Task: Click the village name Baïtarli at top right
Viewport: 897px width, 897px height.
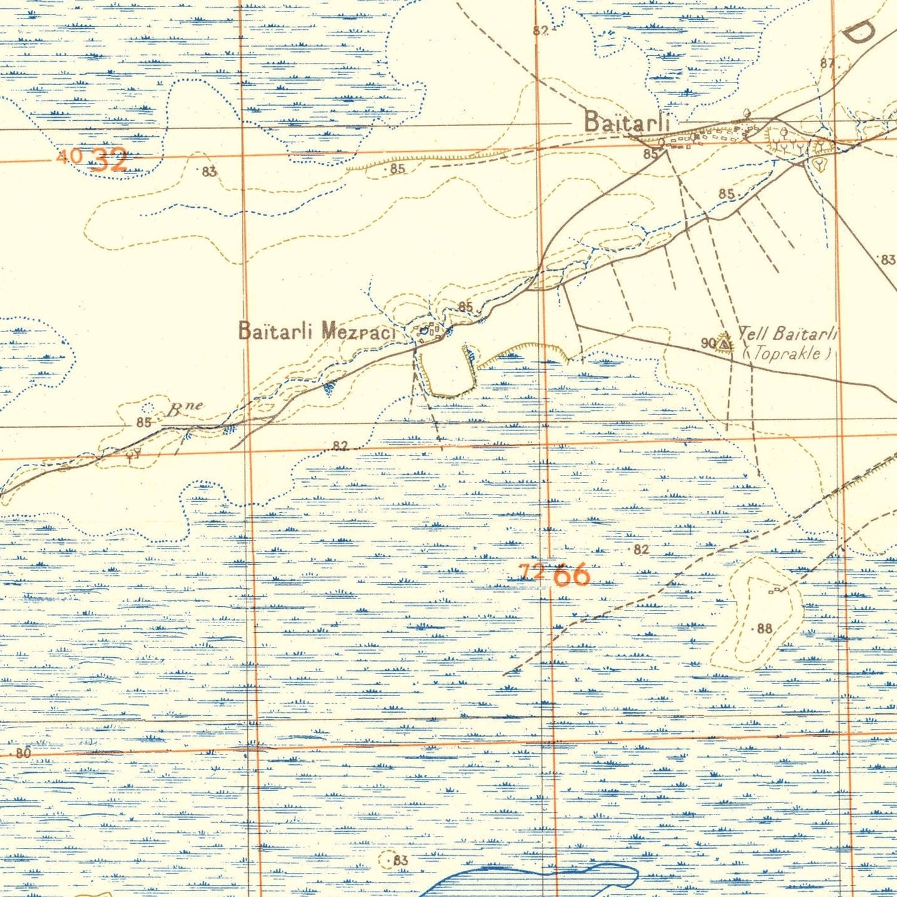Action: pyautogui.click(x=626, y=121)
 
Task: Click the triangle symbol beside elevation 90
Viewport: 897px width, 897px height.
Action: pyautogui.click(x=724, y=344)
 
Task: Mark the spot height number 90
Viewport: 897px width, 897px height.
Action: pyautogui.click(x=708, y=343)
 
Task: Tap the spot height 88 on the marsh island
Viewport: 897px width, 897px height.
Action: pyautogui.click(x=764, y=628)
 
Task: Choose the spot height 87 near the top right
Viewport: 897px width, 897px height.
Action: pyautogui.click(x=827, y=63)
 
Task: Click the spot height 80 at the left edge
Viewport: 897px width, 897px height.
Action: pyautogui.click(x=23, y=753)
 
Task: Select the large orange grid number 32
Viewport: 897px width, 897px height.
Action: pyautogui.click(x=109, y=160)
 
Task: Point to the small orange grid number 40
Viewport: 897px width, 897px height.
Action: pyautogui.click(x=68, y=157)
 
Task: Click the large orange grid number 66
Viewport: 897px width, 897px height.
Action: pyautogui.click(x=572, y=575)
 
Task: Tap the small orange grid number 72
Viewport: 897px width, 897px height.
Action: pyautogui.click(x=532, y=572)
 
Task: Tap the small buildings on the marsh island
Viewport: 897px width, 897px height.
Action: pyautogui.click(x=774, y=590)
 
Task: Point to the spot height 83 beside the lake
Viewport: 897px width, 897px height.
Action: pyautogui.click(x=399, y=860)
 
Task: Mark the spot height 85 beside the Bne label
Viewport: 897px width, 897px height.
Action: pyautogui.click(x=143, y=422)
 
